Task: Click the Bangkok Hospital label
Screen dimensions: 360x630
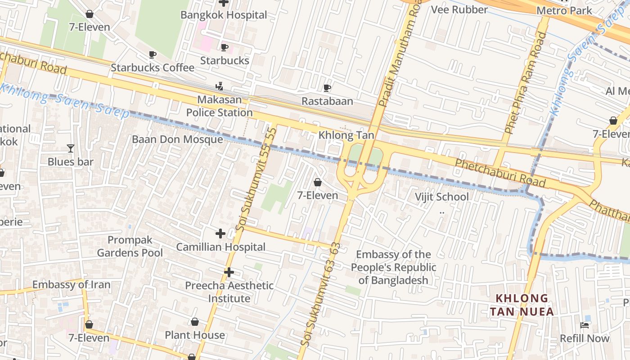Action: click(224, 15)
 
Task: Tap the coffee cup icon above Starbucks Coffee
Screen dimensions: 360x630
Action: click(153, 55)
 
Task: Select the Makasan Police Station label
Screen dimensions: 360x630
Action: click(220, 106)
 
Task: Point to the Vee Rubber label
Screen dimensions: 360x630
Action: click(459, 9)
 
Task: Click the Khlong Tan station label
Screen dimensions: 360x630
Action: click(346, 135)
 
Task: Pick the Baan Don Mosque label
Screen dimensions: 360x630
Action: click(177, 139)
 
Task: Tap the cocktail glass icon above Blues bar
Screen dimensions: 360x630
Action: click(70, 148)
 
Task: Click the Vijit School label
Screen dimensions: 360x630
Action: click(441, 197)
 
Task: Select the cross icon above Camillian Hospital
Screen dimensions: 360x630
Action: click(220, 234)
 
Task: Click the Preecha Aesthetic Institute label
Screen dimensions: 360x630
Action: click(229, 292)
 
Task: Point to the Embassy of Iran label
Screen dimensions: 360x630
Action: click(71, 285)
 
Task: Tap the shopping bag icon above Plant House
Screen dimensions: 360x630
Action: click(195, 322)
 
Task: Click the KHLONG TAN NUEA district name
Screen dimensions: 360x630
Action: click(522, 305)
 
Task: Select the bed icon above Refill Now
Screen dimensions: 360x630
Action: click(585, 325)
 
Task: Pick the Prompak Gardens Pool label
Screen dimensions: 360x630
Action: click(130, 246)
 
